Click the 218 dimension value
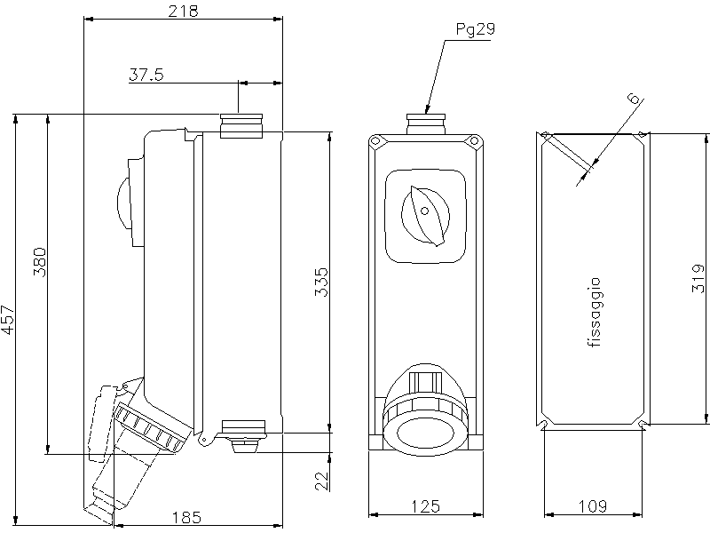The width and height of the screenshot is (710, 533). click(182, 11)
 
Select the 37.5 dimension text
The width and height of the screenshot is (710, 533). click(146, 76)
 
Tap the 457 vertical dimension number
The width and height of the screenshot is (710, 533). click(9, 319)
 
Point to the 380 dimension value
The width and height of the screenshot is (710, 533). click(39, 262)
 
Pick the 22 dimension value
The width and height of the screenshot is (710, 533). click(322, 481)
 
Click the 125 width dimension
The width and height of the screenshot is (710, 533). click(426, 506)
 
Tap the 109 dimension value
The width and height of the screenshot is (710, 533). click(592, 506)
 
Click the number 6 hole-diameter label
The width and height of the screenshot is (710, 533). click(633, 99)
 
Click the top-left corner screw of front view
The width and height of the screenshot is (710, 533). click(376, 140)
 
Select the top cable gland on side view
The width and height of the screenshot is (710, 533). click(241, 125)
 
